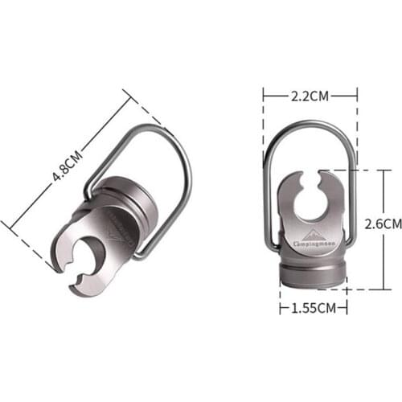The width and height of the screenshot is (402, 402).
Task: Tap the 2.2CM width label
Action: [310, 95]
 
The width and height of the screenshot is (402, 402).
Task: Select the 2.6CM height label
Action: [381, 223]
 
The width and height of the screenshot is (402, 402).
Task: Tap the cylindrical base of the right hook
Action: [314, 272]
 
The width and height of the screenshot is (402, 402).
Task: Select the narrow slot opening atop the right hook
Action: [314, 176]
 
